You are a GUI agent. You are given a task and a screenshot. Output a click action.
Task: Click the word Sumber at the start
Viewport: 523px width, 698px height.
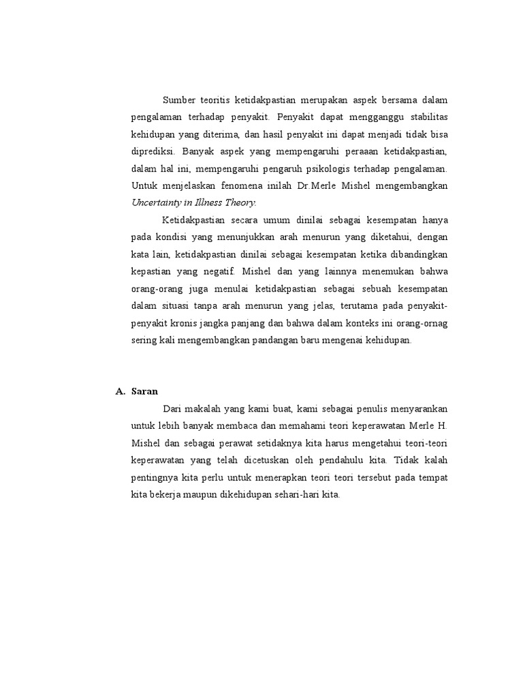click(x=179, y=101)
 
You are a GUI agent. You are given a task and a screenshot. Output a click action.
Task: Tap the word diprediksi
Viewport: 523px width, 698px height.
click(x=153, y=151)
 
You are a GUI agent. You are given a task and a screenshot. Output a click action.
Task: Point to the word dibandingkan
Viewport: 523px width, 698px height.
click(x=419, y=254)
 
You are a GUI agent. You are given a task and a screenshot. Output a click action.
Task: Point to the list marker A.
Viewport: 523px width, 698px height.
click(x=120, y=391)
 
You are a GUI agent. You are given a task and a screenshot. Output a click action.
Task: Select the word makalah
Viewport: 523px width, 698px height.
click(x=204, y=408)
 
